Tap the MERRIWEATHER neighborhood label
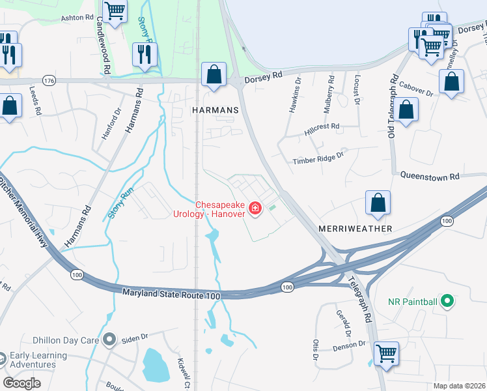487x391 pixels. (355, 229)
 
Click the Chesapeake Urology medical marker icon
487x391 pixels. (256, 209)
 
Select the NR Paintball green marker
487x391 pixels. (447, 301)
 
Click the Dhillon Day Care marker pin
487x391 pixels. (109, 340)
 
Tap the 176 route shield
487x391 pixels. (49, 80)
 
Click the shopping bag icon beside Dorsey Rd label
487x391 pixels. (214, 75)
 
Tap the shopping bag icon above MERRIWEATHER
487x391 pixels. (378, 203)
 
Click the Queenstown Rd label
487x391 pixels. (430, 176)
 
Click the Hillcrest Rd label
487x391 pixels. (322, 130)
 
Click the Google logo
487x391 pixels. (21, 383)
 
